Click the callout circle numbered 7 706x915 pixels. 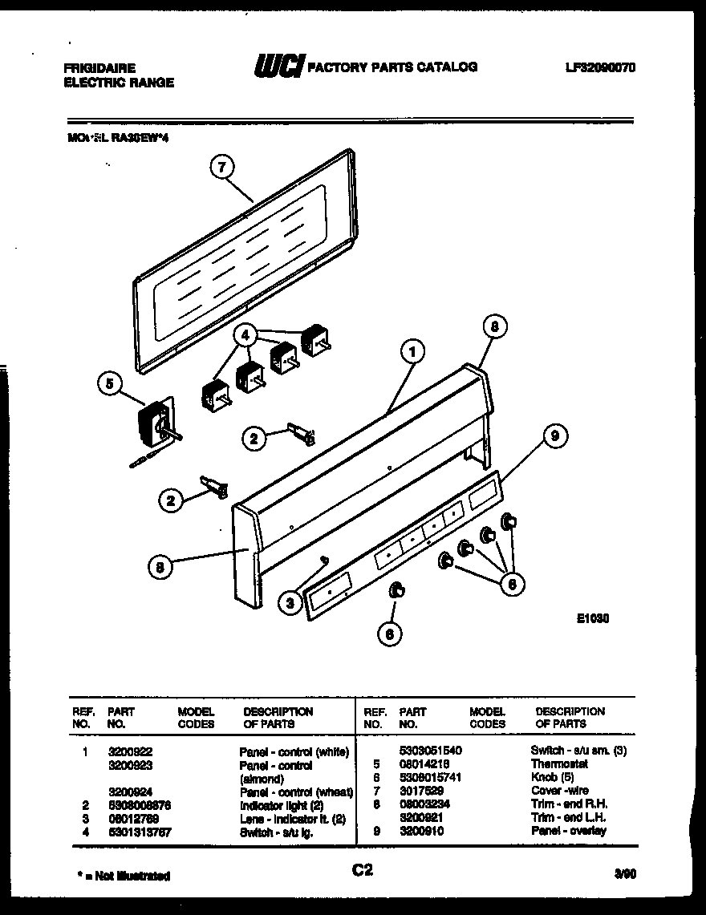pyautogui.click(x=222, y=167)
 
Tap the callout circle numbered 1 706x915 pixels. pyautogui.click(x=412, y=350)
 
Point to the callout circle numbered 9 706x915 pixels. pyautogui.click(x=554, y=436)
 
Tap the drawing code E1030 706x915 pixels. pyautogui.click(x=592, y=618)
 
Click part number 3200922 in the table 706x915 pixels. pyautogui.click(x=130, y=752)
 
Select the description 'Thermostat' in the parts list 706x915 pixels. pyautogui.click(x=559, y=764)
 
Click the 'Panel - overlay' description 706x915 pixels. pyautogui.click(x=568, y=831)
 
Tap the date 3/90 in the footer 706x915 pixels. pyautogui.click(x=626, y=876)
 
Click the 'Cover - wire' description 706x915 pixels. pyautogui.click(x=559, y=791)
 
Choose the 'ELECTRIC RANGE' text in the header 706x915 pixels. pyautogui.click(x=119, y=82)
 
